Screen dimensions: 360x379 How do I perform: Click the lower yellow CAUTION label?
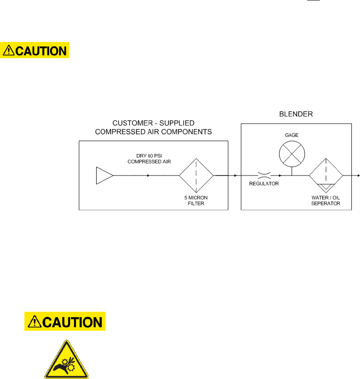65,322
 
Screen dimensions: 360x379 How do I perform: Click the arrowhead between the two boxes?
236,175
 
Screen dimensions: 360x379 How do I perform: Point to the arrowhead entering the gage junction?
281,175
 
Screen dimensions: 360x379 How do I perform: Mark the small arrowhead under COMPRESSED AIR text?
148,175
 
